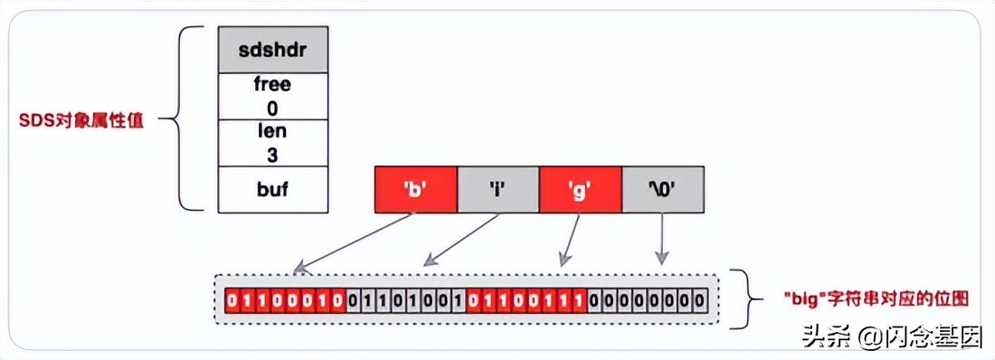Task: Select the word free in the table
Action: [272, 85]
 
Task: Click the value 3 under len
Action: [272, 154]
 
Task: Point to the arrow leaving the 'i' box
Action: [460, 240]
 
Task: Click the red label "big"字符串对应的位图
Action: [843, 298]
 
